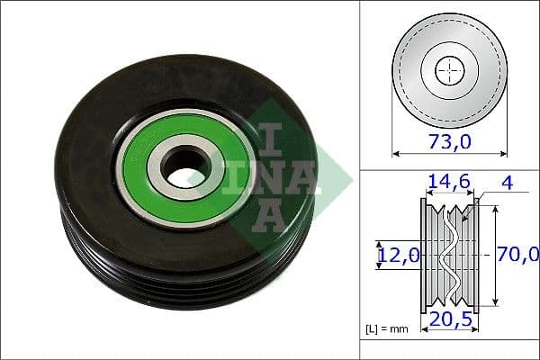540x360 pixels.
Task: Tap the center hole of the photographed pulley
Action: (x=187, y=166)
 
